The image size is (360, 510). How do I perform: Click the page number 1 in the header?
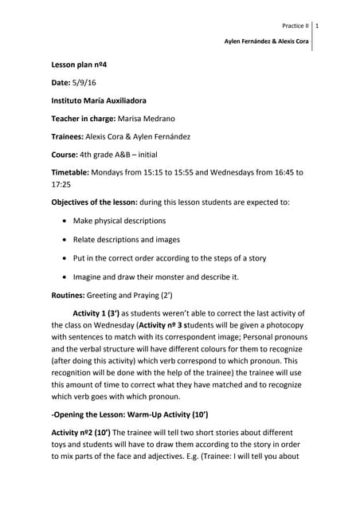[317, 26]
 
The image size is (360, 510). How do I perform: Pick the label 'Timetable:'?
[71, 172]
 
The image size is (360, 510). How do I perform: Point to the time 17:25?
[61, 183]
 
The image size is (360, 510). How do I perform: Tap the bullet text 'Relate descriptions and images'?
[126, 239]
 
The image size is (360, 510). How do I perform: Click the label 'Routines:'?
[69, 295]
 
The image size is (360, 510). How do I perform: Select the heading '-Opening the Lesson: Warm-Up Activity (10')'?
[130, 414]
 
